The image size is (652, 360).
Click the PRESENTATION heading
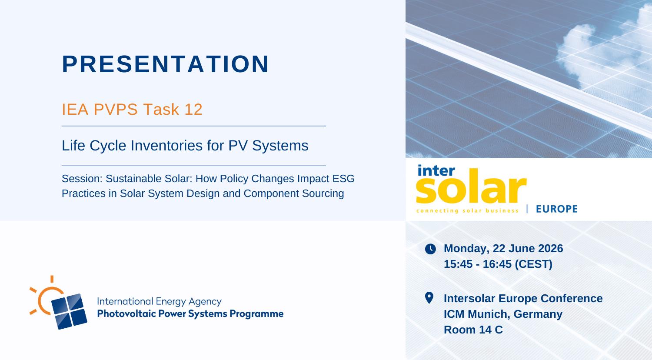point(165,64)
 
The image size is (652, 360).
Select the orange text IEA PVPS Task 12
point(132,110)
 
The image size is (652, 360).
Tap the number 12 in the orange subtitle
point(193,110)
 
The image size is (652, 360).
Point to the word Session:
point(82,179)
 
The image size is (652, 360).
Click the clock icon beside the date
point(430,249)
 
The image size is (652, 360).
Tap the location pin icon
point(429,298)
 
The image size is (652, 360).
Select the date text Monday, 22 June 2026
point(503,248)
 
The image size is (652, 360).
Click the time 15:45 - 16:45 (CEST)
point(498,264)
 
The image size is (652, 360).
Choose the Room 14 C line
point(473,330)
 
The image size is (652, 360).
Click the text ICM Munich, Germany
point(503,314)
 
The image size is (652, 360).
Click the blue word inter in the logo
point(436,170)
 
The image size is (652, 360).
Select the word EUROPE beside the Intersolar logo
point(557,209)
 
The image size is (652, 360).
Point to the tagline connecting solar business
point(467,210)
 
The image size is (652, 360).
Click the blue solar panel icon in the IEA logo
point(69,311)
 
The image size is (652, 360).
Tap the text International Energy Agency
point(159,301)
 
